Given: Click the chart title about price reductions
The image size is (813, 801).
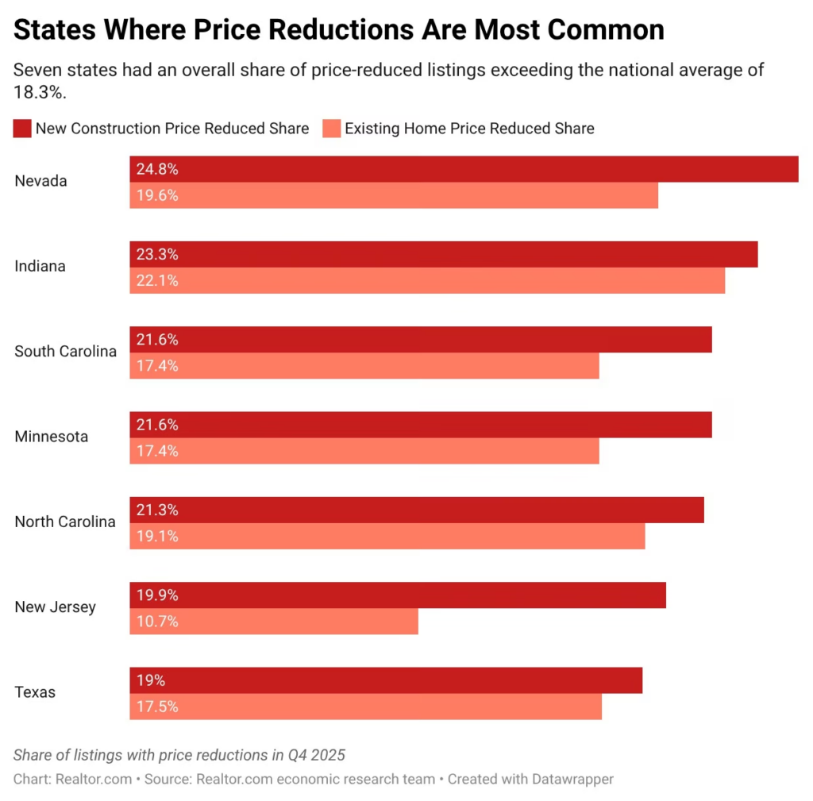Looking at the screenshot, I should click(x=339, y=30).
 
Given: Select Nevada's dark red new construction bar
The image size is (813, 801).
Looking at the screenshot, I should click(x=464, y=169).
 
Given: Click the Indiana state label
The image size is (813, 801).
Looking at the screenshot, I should click(x=40, y=266).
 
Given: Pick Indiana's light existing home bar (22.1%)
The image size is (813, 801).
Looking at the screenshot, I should click(x=427, y=280).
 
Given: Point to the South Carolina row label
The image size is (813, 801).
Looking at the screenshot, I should click(x=65, y=351).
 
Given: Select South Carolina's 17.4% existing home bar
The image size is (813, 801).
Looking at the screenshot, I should click(x=364, y=366).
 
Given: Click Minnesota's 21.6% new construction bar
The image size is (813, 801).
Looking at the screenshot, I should click(x=421, y=425).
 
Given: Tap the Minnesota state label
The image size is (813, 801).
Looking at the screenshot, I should click(x=51, y=437).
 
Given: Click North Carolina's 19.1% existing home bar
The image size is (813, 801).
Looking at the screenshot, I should click(x=387, y=536).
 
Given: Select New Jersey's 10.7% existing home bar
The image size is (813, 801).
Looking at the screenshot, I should click(x=274, y=622).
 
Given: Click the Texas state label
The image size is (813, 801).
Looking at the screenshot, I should click(x=35, y=692).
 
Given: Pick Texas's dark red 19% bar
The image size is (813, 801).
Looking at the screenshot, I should click(x=386, y=680).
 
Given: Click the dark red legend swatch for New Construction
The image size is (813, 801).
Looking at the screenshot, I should click(x=22, y=129).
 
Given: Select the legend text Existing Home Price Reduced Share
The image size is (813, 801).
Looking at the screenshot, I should click(x=468, y=129).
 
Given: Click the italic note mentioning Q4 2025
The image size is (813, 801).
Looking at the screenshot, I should click(x=179, y=754).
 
